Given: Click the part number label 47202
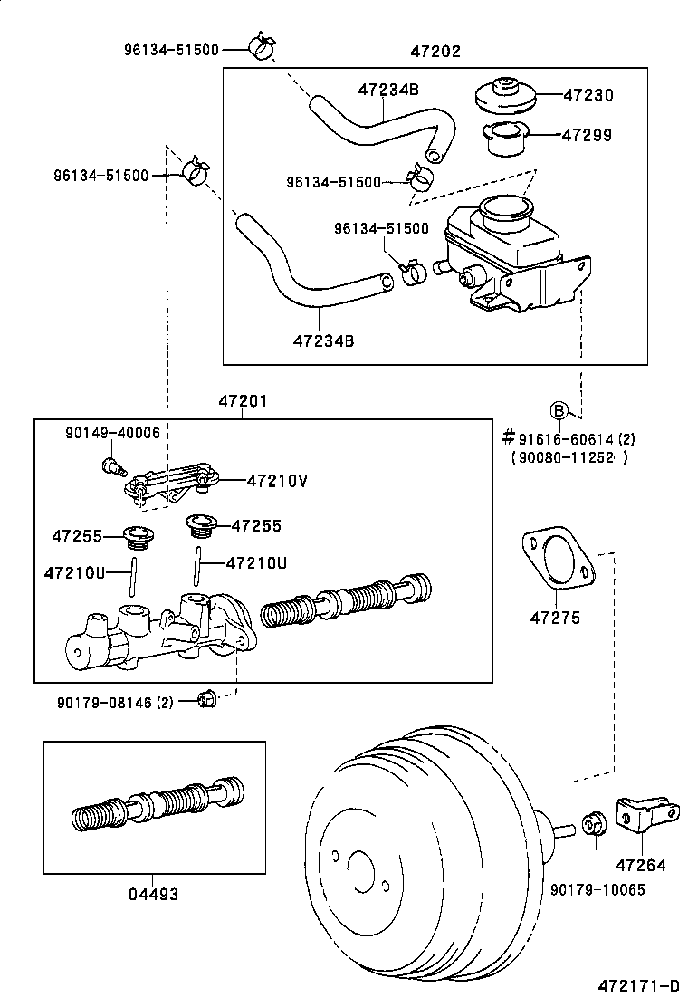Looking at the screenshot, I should pos(435,52).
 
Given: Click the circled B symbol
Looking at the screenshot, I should pos(559,411).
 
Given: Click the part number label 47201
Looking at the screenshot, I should pos(242,401).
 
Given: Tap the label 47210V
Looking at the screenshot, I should pos(277,480).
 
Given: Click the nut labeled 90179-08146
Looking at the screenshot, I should pos(205,698).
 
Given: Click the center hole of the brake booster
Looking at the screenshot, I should pos(362,868).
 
